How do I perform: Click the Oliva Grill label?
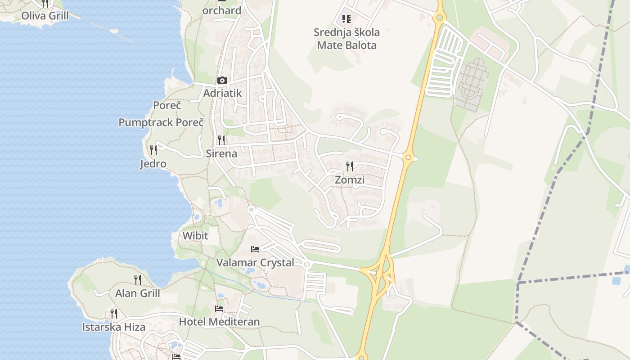tap(45, 16)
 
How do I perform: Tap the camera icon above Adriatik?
tap(222, 81)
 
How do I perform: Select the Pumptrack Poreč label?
tap(161, 122)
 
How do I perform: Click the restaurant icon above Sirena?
tap(221, 140)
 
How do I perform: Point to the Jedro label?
tap(153, 164)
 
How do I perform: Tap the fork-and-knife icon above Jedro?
tap(153, 150)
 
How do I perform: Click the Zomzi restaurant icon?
tap(350, 166)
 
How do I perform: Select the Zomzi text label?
tap(350, 180)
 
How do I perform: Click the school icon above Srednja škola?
tap(346, 19)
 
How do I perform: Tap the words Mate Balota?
tap(346, 45)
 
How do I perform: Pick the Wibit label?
tap(195, 235)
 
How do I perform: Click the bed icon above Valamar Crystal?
tap(255, 249)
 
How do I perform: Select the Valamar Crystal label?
tap(255, 262)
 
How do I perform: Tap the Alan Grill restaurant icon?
tap(138, 279)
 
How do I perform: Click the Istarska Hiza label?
tap(114, 327)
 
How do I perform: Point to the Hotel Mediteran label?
tap(219, 322)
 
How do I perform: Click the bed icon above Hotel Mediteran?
tap(219, 309)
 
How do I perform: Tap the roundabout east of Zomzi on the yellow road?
tap(408, 157)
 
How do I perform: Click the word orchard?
tap(222, 10)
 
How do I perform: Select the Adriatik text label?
tap(222, 93)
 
